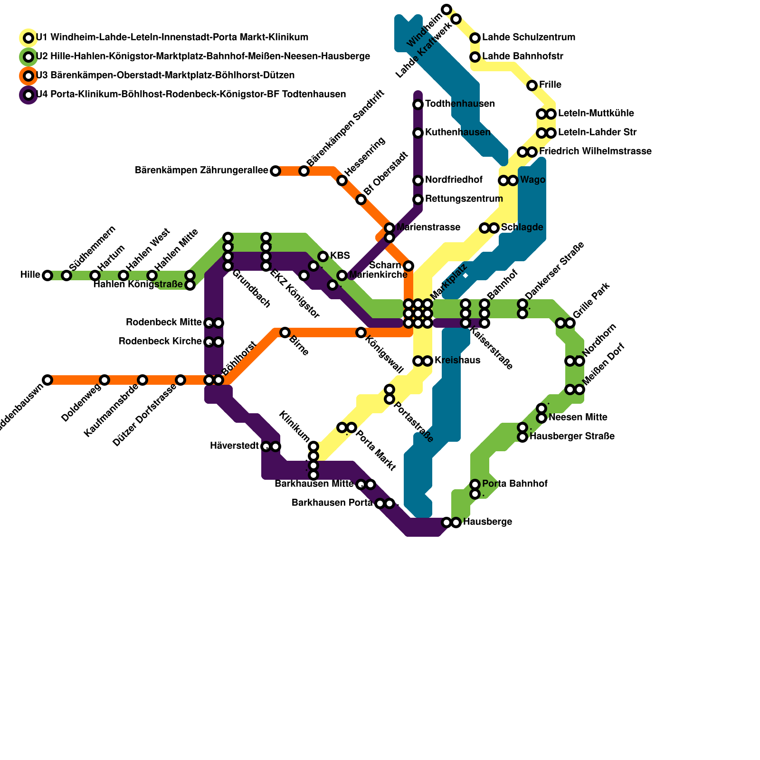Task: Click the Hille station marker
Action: coord(47,275)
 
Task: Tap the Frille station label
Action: coord(550,85)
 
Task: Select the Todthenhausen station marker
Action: coord(418,104)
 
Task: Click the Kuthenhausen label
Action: coord(457,132)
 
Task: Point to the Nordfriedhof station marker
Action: coord(418,180)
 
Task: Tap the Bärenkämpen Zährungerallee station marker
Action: coord(275,171)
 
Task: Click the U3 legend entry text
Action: coord(165,76)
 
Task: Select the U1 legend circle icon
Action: coord(28,38)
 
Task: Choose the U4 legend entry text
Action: coord(190,95)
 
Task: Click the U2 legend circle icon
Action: coord(28,57)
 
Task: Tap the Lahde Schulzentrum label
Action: coord(529,38)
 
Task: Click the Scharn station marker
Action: coord(408,266)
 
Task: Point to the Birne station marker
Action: coord(285,332)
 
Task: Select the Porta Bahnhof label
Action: coord(514,484)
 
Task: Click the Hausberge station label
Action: coord(487,522)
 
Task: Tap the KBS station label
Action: coord(340,256)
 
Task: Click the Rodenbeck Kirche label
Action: coord(160,342)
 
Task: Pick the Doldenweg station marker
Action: coord(104,380)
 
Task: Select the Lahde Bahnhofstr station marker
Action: coord(475,57)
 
